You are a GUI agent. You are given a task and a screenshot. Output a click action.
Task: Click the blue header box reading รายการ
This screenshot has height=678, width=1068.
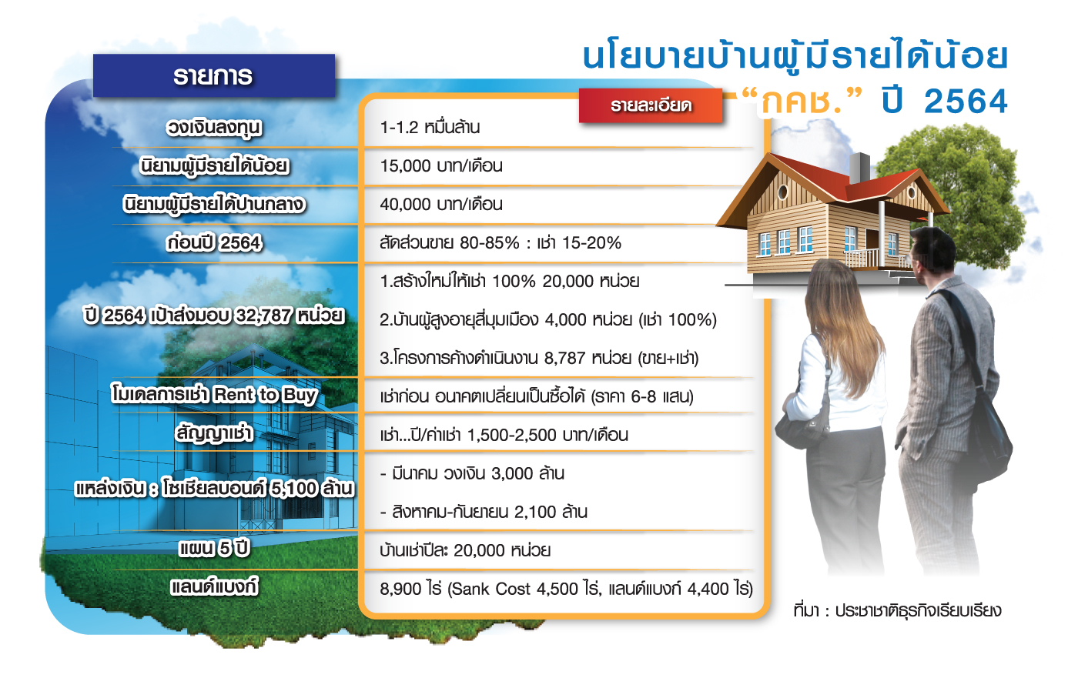pyautogui.click(x=213, y=75)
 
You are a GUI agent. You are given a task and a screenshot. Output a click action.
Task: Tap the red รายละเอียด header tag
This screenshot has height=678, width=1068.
pyautogui.click(x=651, y=105)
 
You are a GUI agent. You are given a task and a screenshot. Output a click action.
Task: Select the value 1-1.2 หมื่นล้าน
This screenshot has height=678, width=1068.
pyautogui.click(x=430, y=127)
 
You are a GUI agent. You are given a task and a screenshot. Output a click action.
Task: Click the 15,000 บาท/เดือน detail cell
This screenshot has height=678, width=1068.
pyautogui.click(x=441, y=165)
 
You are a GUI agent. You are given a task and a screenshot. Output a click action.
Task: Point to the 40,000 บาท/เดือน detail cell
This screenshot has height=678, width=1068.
pyautogui.click(x=441, y=205)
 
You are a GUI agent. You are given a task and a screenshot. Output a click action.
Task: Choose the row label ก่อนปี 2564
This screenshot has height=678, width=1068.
pyautogui.click(x=214, y=243)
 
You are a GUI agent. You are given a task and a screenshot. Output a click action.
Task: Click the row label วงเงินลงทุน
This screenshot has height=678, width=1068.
pyautogui.click(x=214, y=128)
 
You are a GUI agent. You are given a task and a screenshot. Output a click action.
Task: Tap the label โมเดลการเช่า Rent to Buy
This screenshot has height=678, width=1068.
pyautogui.click(x=214, y=395)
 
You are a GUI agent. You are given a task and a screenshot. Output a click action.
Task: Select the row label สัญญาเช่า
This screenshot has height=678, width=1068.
pyautogui.click(x=214, y=433)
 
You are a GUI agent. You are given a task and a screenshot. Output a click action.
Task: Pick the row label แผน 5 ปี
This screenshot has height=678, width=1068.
pyautogui.click(x=214, y=549)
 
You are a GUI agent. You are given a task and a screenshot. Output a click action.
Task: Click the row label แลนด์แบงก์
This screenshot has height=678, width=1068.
pyautogui.click(x=214, y=587)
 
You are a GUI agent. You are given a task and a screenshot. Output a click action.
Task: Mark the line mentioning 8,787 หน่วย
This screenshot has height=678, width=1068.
pyautogui.click(x=539, y=359)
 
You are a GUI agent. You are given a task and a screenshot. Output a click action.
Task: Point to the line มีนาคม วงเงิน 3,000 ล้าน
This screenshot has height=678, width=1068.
pyautogui.click(x=472, y=473)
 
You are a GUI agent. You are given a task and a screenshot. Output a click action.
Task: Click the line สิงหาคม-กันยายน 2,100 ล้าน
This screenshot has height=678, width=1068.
pyautogui.click(x=484, y=513)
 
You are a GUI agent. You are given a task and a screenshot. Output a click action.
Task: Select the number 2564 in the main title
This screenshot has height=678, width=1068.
pyautogui.click(x=965, y=102)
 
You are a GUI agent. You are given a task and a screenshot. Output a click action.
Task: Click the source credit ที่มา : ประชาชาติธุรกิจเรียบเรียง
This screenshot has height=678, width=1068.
pyautogui.click(x=897, y=610)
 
